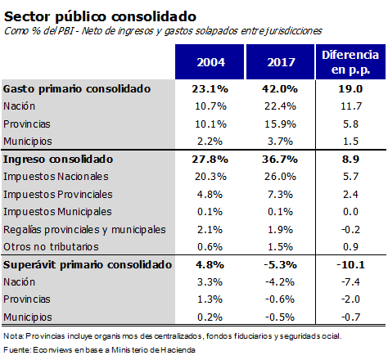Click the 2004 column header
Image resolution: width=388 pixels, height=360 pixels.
(211, 62)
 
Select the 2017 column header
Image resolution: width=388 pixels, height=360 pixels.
(281, 62)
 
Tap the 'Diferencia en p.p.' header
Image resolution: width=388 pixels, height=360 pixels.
(350, 62)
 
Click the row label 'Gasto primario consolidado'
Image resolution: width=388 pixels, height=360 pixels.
(77, 89)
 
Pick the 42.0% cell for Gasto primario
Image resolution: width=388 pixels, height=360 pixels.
(280, 89)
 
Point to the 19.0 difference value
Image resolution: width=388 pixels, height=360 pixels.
(350, 89)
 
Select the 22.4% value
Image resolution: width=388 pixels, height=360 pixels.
(280, 106)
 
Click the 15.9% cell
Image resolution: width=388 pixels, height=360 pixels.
(280, 124)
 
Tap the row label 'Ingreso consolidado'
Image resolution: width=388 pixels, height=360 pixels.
(58, 160)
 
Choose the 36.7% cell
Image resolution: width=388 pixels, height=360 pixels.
(280, 159)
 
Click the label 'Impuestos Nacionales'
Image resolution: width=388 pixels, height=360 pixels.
(56, 177)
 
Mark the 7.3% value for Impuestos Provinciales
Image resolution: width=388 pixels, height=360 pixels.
(280, 195)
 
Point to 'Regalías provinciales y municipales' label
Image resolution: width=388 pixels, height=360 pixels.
(84, 230)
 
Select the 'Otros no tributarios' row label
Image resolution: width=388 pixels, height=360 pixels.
(51, 247)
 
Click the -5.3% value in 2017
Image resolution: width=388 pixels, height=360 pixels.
(280, 265)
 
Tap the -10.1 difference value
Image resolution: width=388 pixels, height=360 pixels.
(350, 265)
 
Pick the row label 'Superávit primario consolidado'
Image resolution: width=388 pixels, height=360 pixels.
(88, 265)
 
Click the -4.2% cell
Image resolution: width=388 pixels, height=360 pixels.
(280, 282)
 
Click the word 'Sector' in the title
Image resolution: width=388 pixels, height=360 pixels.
(27, 16)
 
